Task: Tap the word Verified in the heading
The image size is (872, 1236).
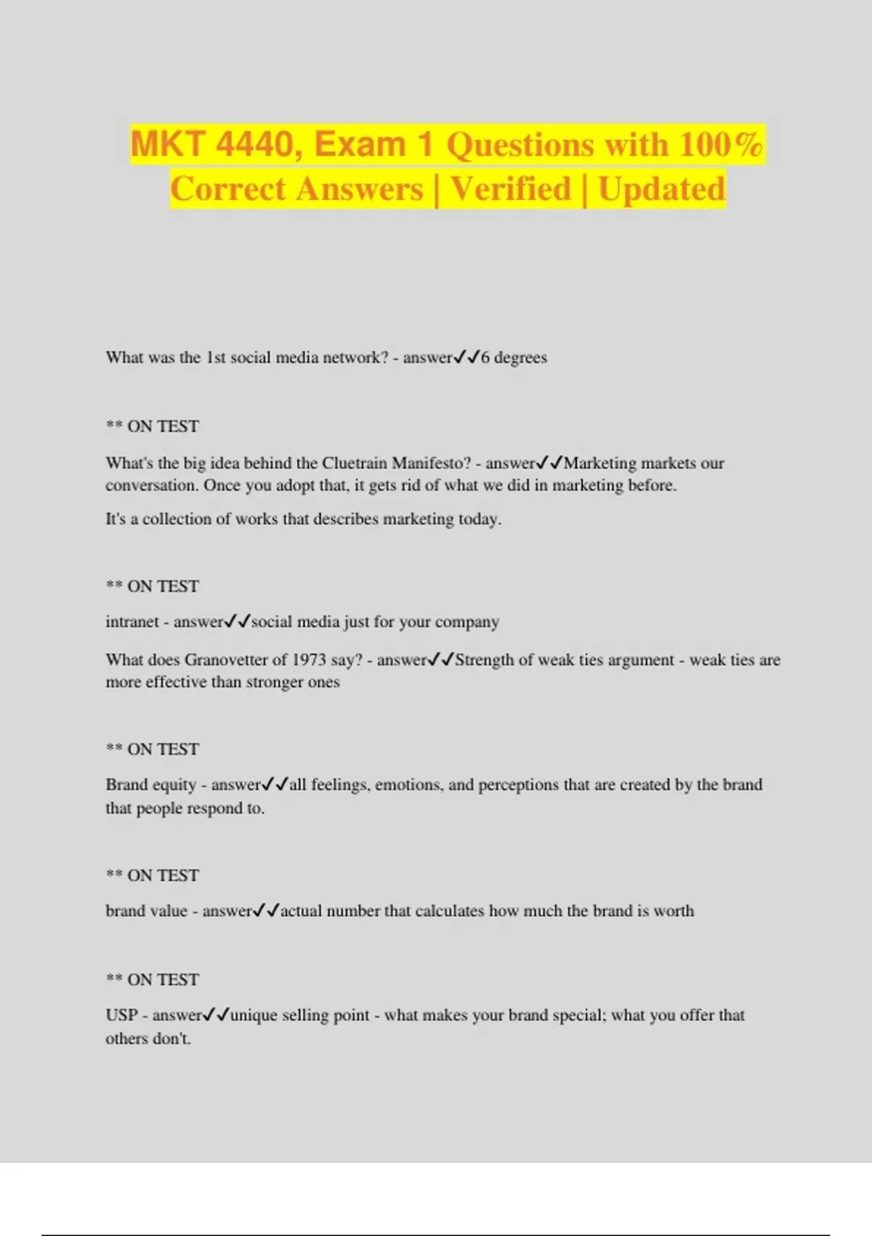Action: click(x=511, y=189)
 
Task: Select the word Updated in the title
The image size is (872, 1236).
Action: click(x=661, y=189)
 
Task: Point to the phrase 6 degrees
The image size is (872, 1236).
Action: click(x=514, y=358)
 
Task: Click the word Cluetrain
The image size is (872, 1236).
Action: click(x=355, y=463)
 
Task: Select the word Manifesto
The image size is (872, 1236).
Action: click(x=431, y=463)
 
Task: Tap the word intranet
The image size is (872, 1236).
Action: click(x=132, y=622)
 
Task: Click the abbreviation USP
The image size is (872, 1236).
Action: click(x=121, y=1015)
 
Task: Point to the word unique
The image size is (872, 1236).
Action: click(x=254, y=1015)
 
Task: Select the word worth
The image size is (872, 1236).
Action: click(x=674, y=911)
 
